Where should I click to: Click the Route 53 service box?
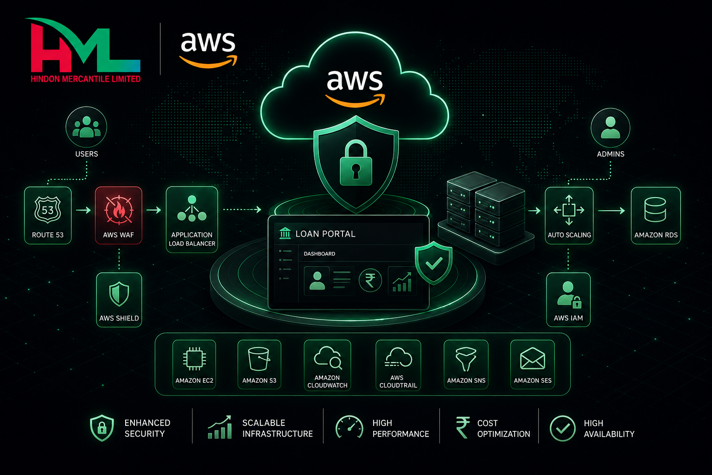tap(48, 215)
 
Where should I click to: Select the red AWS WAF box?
tap(119, 215)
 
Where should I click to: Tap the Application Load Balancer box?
tap(192, 219)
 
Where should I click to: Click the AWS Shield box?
tap(119, 300)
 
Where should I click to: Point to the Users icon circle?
tap(87, 127)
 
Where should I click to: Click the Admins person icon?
tap(610, 128)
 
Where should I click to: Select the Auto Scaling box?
tap(569, 216)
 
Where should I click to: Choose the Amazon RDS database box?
tap(656, 216)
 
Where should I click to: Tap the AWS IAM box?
tap(568, 300)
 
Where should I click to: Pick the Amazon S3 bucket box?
tap(260, 365)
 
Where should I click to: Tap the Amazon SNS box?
tap(466, 365)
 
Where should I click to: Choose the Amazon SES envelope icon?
tap(533, 359)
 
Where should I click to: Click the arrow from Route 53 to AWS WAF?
tap(83, 210)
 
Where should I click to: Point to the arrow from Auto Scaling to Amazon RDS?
tap(611, 211)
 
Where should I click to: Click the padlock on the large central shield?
tap(356, 163)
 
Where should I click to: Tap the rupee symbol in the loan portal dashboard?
tap(370, 281)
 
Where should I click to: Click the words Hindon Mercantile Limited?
tap(86, 79)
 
